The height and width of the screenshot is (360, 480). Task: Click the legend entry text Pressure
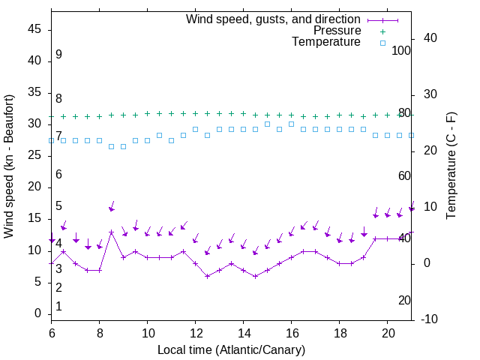pos(337,31)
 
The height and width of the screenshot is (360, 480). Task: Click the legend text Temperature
pos(326,42)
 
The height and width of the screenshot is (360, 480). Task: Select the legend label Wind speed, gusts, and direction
pos(274,19)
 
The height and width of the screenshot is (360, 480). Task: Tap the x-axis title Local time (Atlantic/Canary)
pos(232,349)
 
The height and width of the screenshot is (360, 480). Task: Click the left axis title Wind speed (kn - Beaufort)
pos(9,166)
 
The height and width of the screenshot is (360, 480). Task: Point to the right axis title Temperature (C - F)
pos(451,166)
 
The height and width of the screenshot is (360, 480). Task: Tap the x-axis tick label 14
pos(243,331)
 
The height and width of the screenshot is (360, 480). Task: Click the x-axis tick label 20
pos(387,331)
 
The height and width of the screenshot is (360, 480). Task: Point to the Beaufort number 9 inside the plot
pos(58,55)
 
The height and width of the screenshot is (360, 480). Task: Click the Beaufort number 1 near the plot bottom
pos(58,306)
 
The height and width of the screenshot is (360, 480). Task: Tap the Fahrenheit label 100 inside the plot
pos(401,50)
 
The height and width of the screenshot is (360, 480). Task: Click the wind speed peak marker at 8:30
pos(111,232)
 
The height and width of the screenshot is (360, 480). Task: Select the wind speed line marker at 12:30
pos(207,276)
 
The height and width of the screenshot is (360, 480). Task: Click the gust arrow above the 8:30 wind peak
pos(112,207)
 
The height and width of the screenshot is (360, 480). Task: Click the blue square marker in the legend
pos(382,43)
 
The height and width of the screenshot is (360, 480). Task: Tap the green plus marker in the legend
pos(382,31)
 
